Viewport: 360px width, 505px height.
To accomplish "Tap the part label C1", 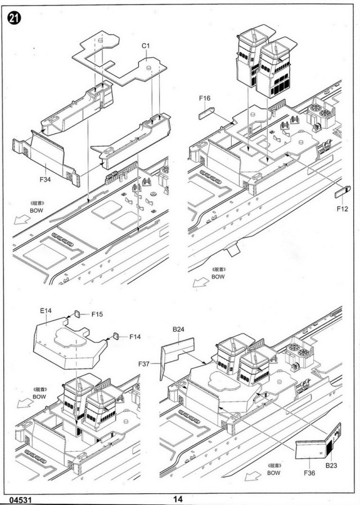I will (x=145, y=44).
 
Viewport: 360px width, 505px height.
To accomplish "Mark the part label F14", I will (x=134, y=337).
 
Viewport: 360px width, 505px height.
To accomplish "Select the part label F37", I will (x=145, y=364).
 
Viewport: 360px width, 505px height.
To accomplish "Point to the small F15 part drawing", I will (x=79, y=314).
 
